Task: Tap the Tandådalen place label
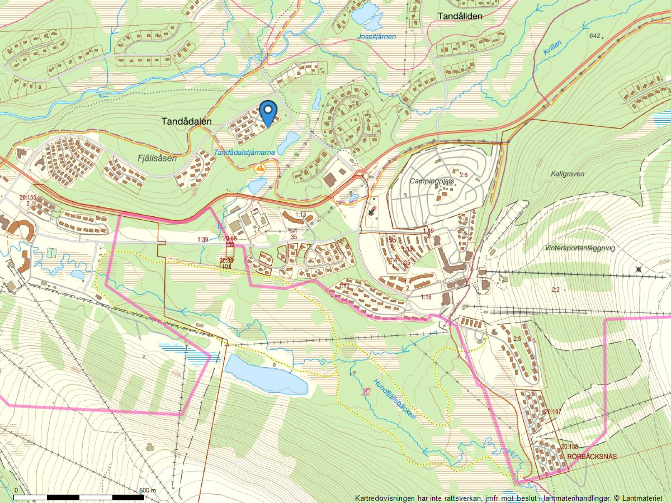(x=187, y=122)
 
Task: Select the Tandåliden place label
(x=460, y=16)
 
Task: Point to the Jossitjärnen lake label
(x=376, y=36)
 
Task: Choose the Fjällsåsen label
(x=157, y=158)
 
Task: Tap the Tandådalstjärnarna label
(x=244, y=153)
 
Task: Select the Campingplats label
(x=432, y=181)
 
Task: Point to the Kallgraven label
(x=567, y=174)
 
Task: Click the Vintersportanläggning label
(x=580, y=248)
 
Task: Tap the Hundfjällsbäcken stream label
(x=394, y=399)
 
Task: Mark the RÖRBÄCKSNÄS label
(x=591, y=456)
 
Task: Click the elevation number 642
(x=595, y=36)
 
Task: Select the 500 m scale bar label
(x=147, y=490)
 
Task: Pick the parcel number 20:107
(x=552, y=412)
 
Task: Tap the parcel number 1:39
(x=203, y=240)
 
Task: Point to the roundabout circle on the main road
(x=359, y=174)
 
